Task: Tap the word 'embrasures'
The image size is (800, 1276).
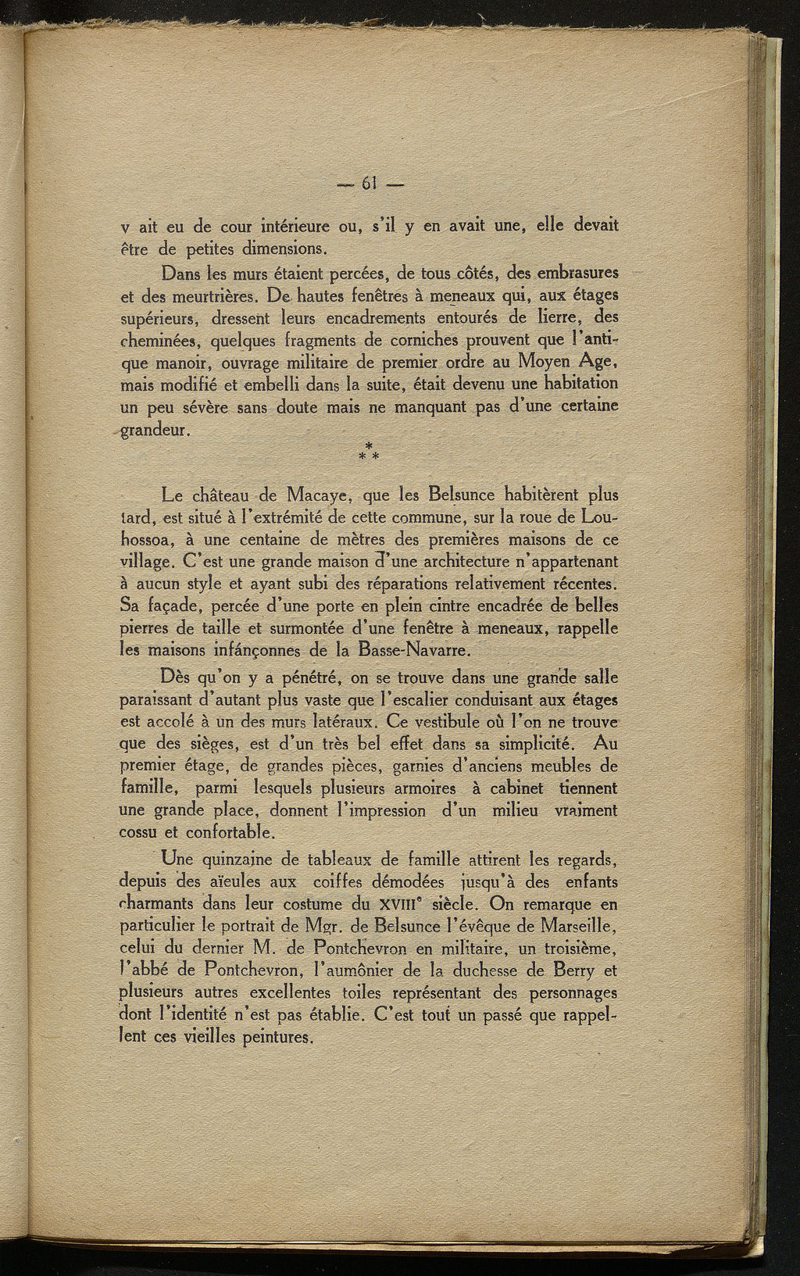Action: (x=573, y=274)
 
